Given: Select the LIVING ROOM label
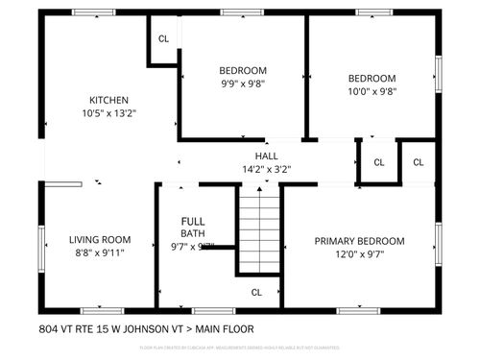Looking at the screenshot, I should [100, 240].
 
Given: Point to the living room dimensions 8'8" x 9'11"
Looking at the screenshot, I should [100, 252].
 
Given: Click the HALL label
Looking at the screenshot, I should [266, 156].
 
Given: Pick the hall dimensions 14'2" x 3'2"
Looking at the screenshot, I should [266, 169].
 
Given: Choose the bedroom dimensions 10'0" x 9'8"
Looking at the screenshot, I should [372, 92].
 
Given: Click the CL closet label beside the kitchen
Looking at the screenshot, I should [163, 38].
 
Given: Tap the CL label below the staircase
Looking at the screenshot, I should [256, 292].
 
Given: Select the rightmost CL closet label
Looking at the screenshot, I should [419, 162].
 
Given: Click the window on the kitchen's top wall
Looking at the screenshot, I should [91, 13].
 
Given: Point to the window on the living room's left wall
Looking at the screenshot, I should [39, 242].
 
